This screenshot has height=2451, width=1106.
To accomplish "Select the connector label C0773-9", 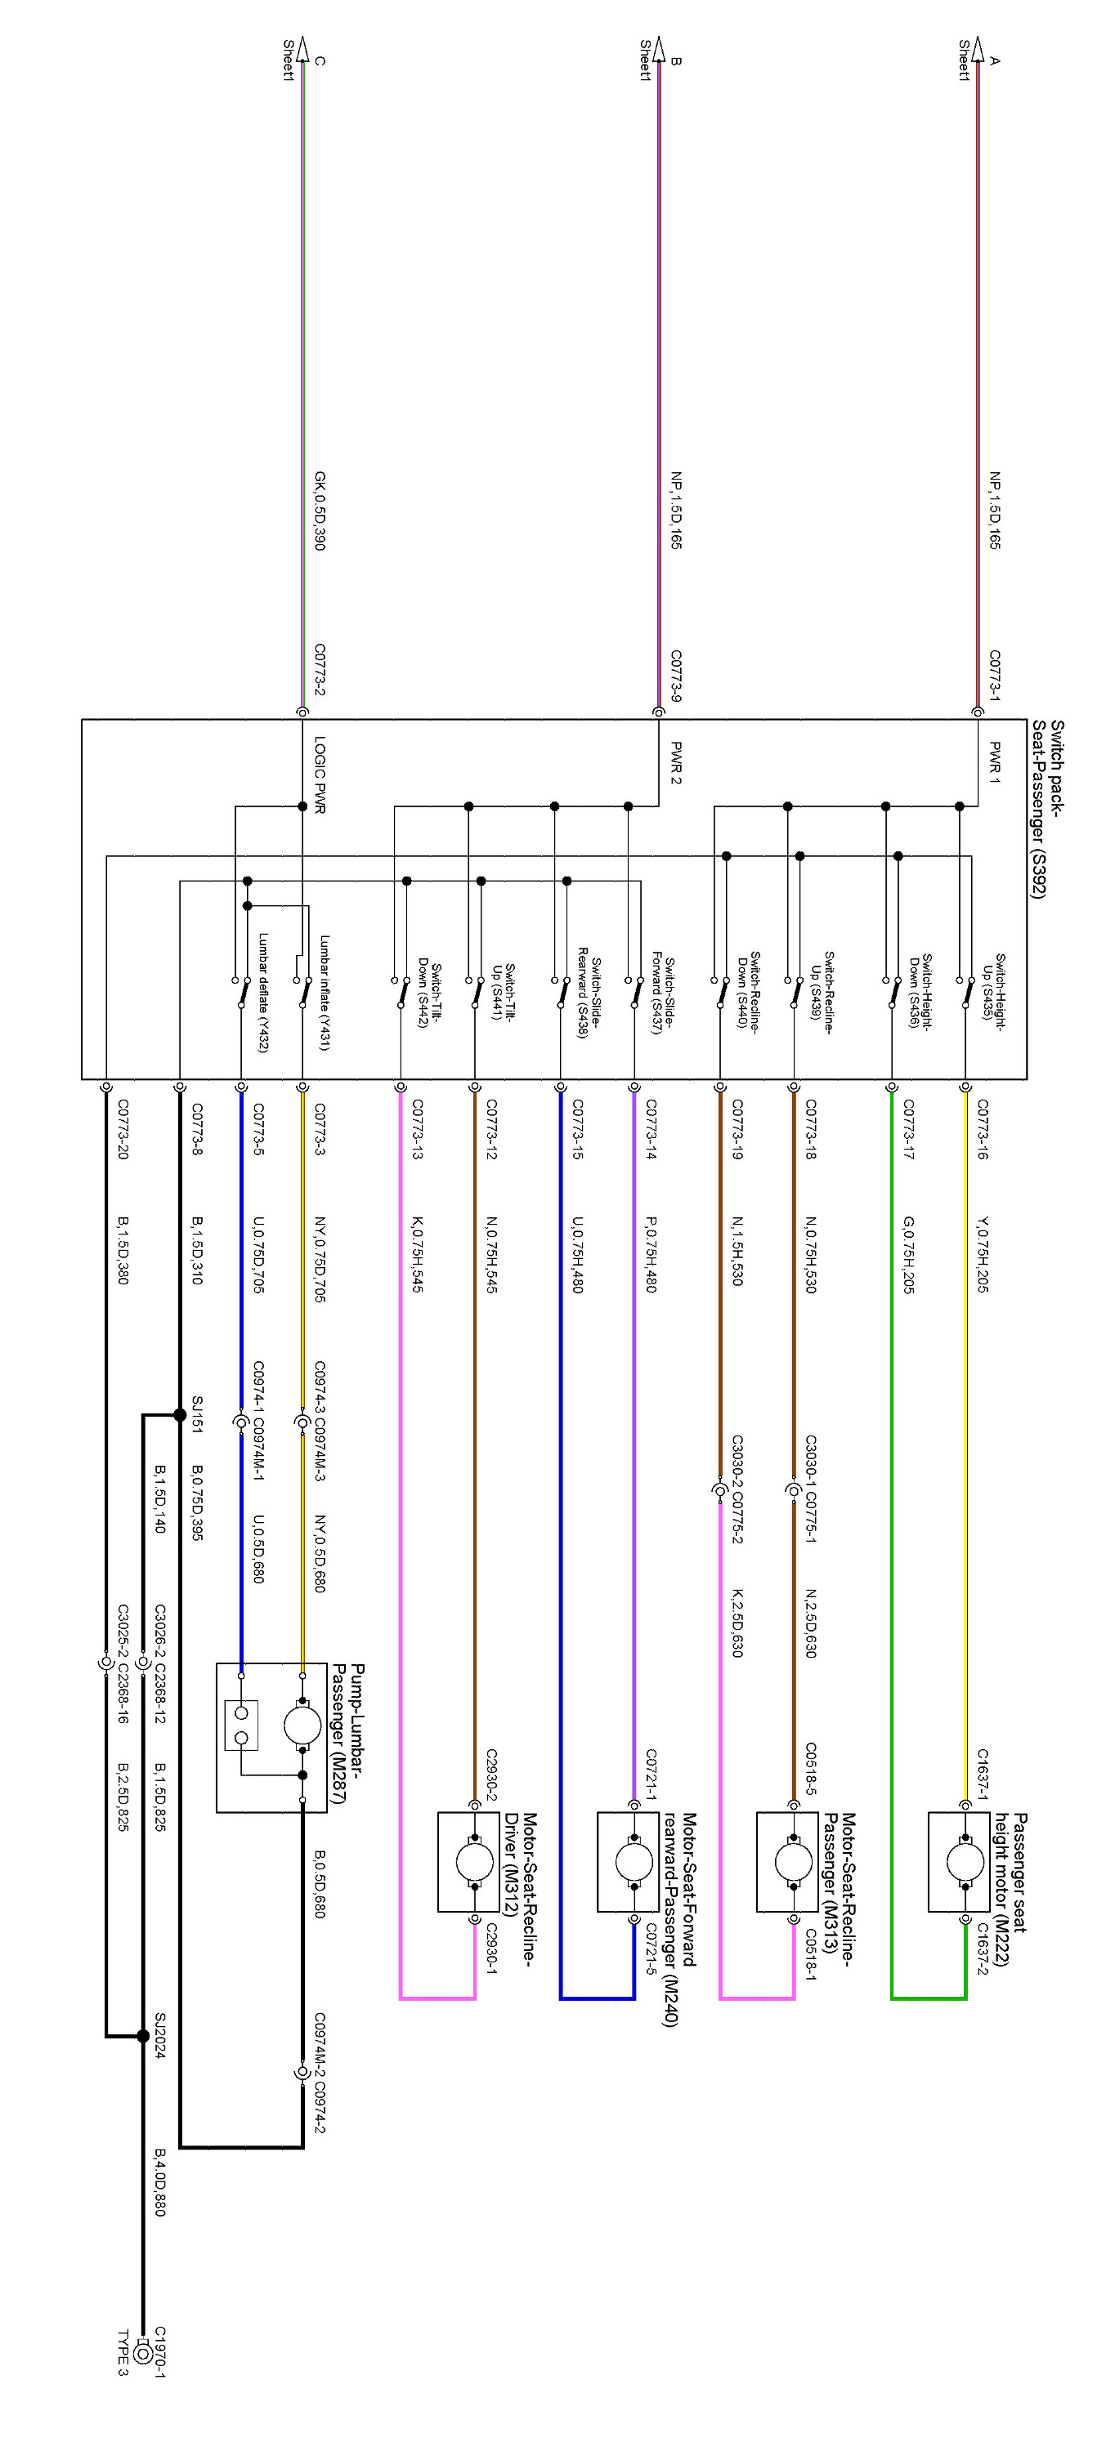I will [x=676, y=676].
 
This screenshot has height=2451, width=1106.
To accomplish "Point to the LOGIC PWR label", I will [x=320, y=775].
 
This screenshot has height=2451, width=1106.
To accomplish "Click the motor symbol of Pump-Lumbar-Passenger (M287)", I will [x=302, y=1724].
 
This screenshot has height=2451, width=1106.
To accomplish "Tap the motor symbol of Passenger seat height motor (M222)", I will [x=965, y=1861].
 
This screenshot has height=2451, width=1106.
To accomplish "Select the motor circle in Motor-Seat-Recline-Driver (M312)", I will [x=474, y=1861].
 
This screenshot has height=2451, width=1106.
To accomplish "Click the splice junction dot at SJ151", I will [x=180, y=1416].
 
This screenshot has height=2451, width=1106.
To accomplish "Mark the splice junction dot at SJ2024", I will [x=143, y=2036].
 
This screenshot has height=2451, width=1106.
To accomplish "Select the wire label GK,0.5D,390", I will [x=320, y=511].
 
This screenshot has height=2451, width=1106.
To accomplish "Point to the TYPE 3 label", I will [x=123, y=2352].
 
